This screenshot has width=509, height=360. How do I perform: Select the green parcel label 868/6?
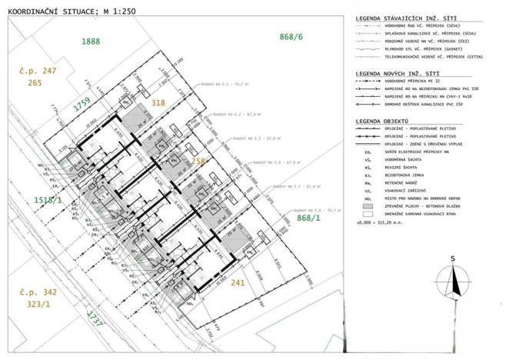point(292,37)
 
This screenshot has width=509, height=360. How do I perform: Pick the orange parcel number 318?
point(158,102)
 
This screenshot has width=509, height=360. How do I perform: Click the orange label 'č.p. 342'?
point(38,293)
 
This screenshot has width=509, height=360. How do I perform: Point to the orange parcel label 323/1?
point(38,305)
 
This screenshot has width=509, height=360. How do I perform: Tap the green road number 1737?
point(95,318)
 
